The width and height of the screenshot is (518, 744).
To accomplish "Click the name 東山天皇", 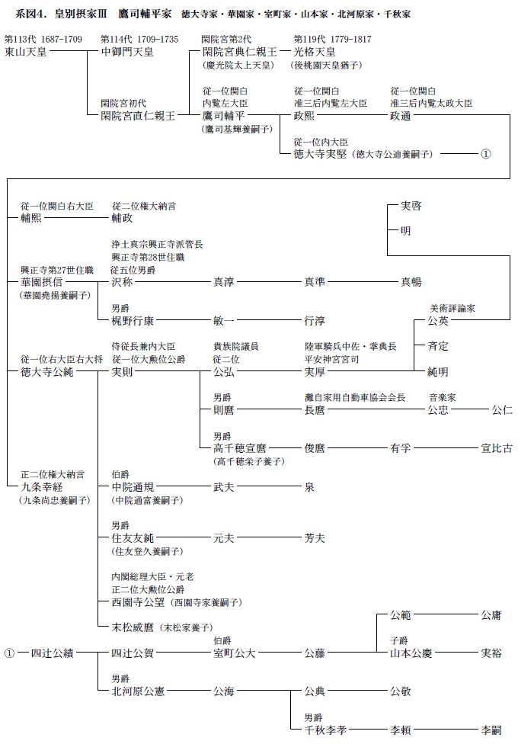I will (x=26, y=52).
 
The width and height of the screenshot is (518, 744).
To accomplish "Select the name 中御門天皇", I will (x=127, y=52).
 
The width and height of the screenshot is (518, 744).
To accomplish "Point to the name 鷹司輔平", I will (x=223, y=116).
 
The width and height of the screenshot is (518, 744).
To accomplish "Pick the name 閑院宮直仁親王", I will (x=138, y=116).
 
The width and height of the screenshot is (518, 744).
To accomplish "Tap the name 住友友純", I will (x=133, y=538).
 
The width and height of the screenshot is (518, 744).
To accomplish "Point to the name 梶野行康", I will (x=133, y=321).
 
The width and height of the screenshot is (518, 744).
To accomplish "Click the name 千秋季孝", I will (x=325, y=730).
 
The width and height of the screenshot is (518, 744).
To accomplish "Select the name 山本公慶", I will (x=411, y=653).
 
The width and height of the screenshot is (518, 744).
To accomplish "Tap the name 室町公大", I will (x=235, y=653).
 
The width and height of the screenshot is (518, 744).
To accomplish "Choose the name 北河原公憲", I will (x=138, y=691).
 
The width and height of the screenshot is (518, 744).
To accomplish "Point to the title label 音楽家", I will (x=442, y=397).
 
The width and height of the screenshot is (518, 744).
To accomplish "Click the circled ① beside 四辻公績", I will (x=9, y=653).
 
